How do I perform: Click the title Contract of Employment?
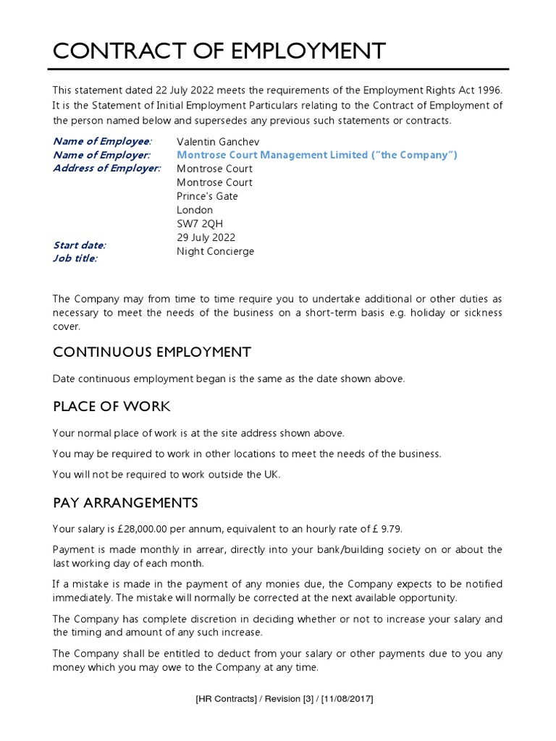(x=219, y=51)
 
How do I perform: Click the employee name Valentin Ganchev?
(x=218, y=141)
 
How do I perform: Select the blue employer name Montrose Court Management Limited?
(x=317, y=155)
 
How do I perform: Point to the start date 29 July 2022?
(x=206, y=237)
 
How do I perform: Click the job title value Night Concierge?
(x=215, y=251)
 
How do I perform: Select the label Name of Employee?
(x=102, y=141)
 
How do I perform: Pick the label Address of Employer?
(x=107, y=169)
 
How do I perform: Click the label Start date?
(x=79, y=245)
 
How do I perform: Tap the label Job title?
(x=75, y=258)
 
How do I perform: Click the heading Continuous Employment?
(x=152, y=352)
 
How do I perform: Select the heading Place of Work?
(x=111, y=407)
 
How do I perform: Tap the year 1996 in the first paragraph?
(x=489, y=90)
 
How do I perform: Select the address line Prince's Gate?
(x=207, y=196)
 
